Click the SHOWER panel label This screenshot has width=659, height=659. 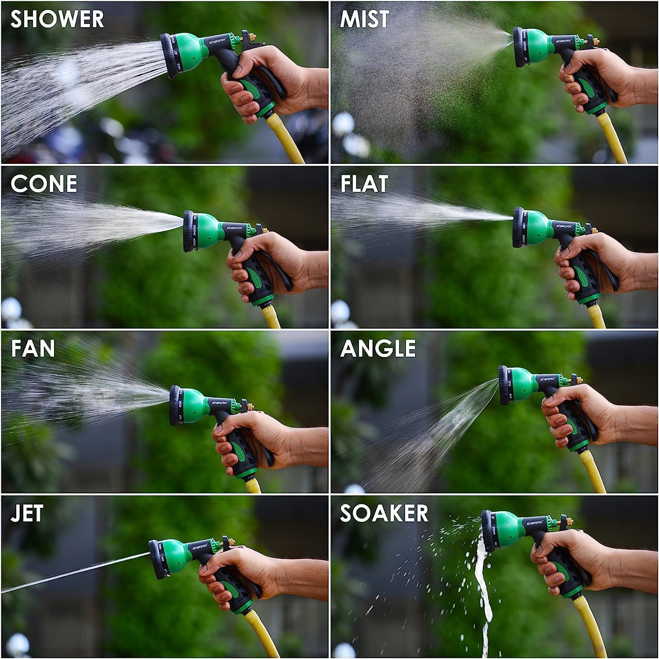pyautogui.click(x=57, y=20)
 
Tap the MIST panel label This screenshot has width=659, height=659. pyautogui.click(x=365, y=20)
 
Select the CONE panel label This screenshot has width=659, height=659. pyautogui.click(x=44, y=184)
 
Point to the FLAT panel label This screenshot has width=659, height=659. pyautogui.click(x=364, y=184)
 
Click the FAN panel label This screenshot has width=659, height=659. pyautogui.click(x=33, y=349)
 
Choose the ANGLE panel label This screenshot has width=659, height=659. pyautogui.click(x=378, y=349)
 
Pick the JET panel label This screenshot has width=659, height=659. pyautogui.click(x=27, y=514)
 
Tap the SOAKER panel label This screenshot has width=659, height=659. pyautogui.click(x=384, y=514)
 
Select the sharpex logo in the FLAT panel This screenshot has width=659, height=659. pyautogui.click(x=565, y=226)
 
